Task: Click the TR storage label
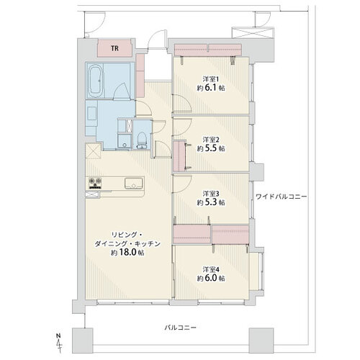coord(114,48)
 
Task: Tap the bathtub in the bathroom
coord(96,81)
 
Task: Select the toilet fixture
coord(142,140)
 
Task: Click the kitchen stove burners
coord(95,183)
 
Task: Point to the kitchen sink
coord(133,184)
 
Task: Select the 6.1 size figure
coord(211,88)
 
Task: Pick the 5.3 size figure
coord(211,202)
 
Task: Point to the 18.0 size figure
coord(127,253)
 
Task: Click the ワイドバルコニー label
coord(281,197)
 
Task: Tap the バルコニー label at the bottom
coord(180,328)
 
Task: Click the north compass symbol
coord(58,343)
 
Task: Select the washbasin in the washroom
coord(92,114)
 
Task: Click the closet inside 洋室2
coord(179,156)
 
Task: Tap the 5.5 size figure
coord(211,148)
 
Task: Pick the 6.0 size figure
coord(211,278)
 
